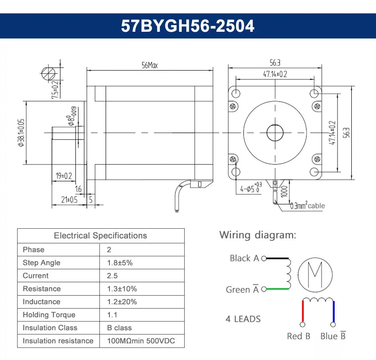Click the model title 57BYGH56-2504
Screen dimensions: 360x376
click(188, 26)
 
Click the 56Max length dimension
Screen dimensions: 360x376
click(150, 65)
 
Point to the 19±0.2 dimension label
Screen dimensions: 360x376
click(64, 176)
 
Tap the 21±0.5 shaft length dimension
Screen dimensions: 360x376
click(69, 200)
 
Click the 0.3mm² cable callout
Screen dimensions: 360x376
click(307, 205)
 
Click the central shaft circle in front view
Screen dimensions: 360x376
click(275, 133)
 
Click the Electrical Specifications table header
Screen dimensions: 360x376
click(100, 235)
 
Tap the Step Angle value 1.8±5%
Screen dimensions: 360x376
click(120, 263)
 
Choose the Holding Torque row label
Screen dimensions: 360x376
click(49, 315)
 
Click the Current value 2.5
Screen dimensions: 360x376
click(112, 276)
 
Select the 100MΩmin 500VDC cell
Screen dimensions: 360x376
click(141, 341)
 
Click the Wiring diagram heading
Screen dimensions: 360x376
click(258, 235)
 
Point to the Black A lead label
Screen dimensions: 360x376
click(244, 258)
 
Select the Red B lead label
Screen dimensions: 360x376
click(298, 336)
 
